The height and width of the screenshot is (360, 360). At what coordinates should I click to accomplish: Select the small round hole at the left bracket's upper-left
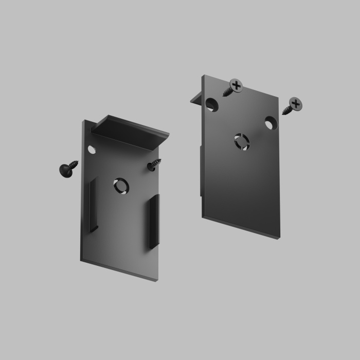click(x=92, y=150)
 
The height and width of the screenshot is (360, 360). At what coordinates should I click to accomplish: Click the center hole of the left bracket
click(x=121, y=185)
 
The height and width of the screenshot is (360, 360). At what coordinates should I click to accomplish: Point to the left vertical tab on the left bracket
click(x=93, y=205)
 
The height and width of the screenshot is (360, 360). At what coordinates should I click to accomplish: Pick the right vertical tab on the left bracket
click(x=154, y=222)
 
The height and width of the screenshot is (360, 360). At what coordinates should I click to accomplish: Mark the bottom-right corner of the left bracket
click(x=158, y=279)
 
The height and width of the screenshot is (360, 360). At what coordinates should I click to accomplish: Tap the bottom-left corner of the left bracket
click(x=81, y=260)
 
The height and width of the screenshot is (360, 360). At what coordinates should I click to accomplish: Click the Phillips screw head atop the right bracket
click(x=236, y=85)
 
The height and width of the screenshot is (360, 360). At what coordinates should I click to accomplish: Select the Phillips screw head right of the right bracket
click(x=295, y=104)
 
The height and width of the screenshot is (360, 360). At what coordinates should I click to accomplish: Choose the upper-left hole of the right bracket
click(x=212, y=104)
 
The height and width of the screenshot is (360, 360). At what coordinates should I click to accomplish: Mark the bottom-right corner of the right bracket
click(x=279, y=238)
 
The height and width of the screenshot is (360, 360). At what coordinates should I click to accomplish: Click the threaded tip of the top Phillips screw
click(x=224, y=95)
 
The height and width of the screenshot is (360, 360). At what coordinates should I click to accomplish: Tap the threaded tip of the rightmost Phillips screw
click(x=283, y=113)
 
